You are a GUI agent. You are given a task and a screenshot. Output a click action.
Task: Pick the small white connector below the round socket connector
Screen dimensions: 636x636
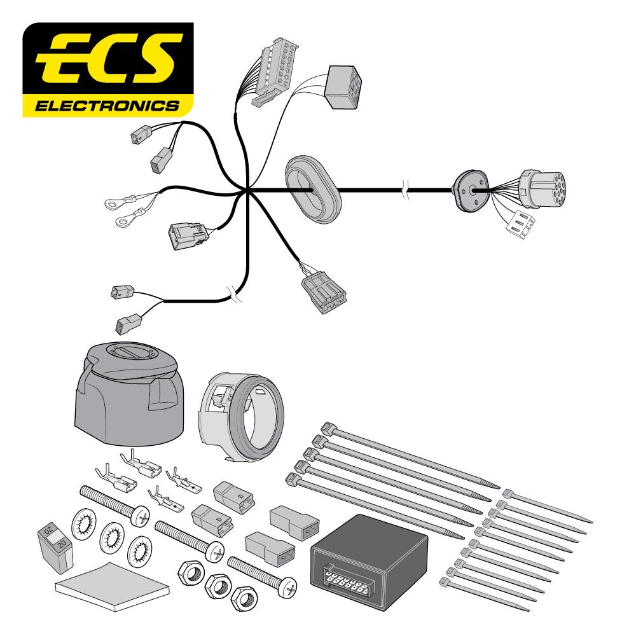point(520,223)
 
